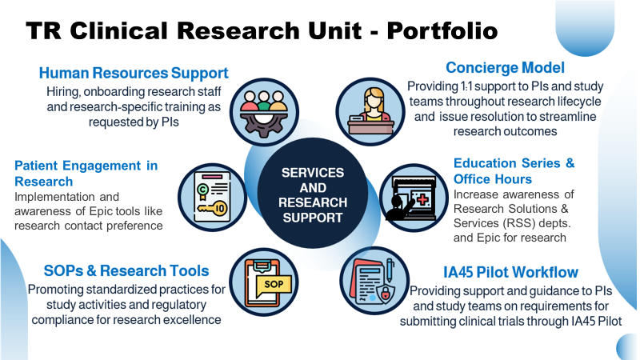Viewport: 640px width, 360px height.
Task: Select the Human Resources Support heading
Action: click(134, 74)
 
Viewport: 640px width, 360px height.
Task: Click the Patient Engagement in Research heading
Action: click(86, 174)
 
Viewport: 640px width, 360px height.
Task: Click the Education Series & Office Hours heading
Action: click(513, 170)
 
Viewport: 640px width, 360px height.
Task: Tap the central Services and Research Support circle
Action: click(314, 194)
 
